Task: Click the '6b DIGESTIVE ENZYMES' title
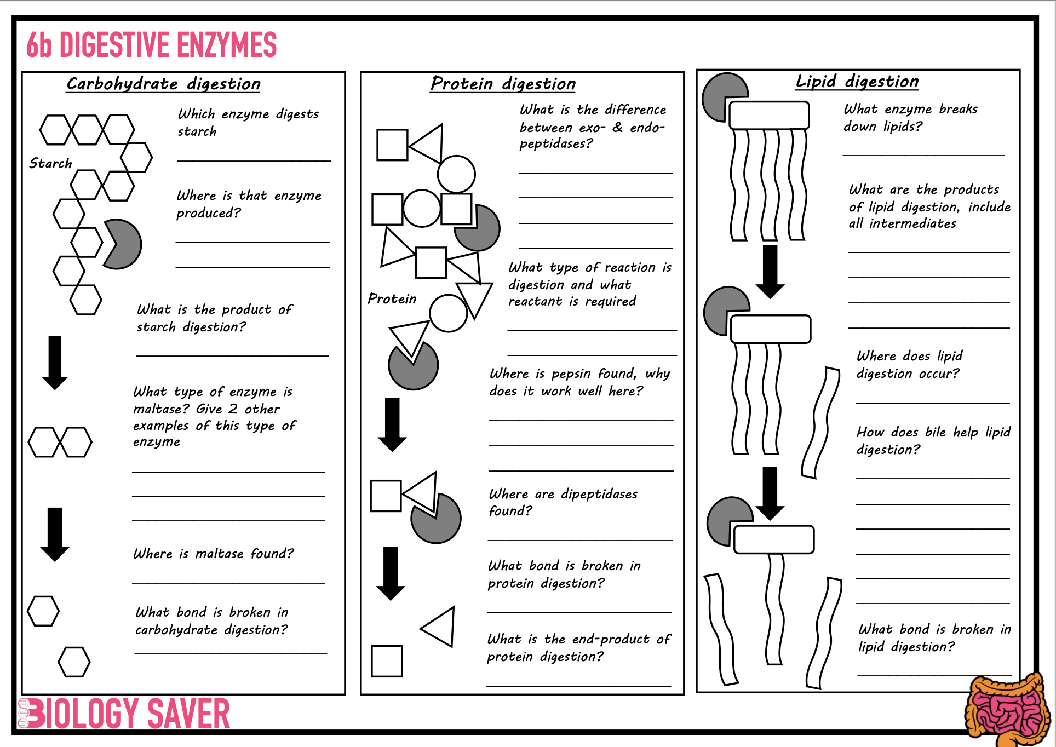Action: click(x=152, y=44)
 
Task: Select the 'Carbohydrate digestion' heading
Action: click(x=163, y=84)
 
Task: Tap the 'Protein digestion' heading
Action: click(x=503, y=84)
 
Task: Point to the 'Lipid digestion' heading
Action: click(x=857, y=82)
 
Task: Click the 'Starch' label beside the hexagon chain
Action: click(x=50, y=163)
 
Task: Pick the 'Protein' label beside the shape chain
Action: click(x=392, y=298)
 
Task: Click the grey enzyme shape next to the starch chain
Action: click(x=123, y=244)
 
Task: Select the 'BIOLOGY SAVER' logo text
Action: click(x=124, y=714)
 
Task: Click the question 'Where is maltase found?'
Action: click(x=214, y=554)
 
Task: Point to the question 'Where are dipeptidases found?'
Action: click(x=563, y=502)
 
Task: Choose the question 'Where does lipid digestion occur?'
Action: click(x=909, y=365)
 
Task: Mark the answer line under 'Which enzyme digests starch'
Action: click(x=254, y=161)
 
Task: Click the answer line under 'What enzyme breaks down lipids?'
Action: click(x=923, y=156)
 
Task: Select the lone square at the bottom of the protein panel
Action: click(x=387, y=661)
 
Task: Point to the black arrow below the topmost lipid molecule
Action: click(x=770, y=272)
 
